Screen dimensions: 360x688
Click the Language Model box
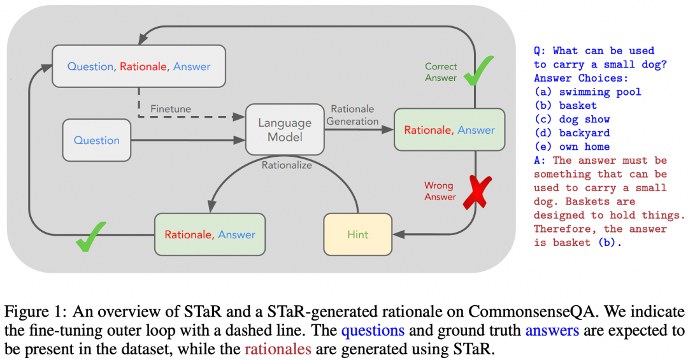pyautogui.click(x=285, y=129)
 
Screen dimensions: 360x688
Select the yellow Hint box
pyautogui.click(x=358, y=234)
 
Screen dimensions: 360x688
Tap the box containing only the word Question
pyautogui.click(x=97, y=140)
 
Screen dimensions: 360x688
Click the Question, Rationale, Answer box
pyautogui.click(x=139, y=66)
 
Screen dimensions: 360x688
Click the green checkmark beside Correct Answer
pyautogui.click(x=478, y=71)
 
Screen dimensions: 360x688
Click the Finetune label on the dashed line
pyautogui.click(x=171, y=109)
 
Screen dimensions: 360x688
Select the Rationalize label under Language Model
pyautogui.click(x=287, y=164)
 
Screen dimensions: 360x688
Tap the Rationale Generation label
pyautogui.click(x=355, y=115)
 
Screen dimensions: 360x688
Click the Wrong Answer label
pyautogui.click(x=440, y=191)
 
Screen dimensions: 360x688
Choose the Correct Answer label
pyautogui.click(x=441, y=72)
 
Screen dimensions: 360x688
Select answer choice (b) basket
pyautogui.click(x=566, y=105)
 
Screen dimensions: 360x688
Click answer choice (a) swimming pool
pyautogui.click(x=587, y=92)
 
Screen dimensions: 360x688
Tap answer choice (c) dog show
pyautogui.click(x=571, y=119)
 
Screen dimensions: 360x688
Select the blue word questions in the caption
pyautogui.click(x=373, y=331)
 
